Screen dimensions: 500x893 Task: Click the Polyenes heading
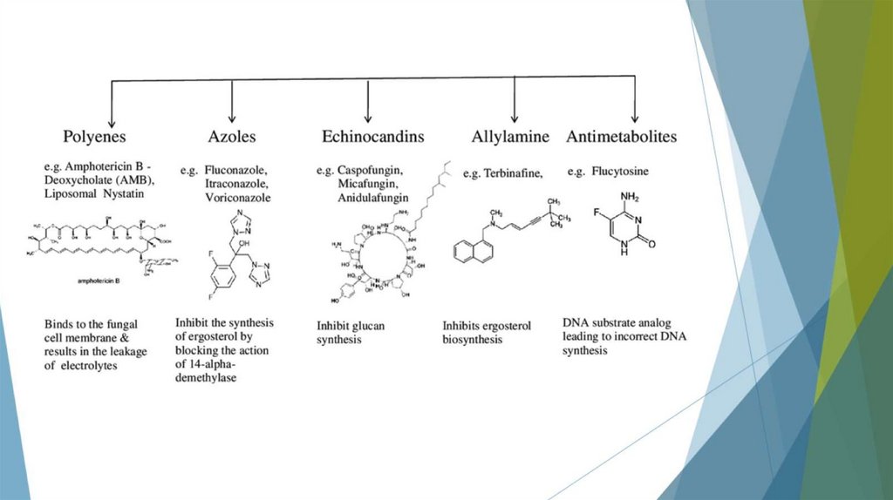click(x=94, y=137)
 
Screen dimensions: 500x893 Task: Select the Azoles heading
click(x=231, y=137)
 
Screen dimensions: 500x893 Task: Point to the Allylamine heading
click(x=510, y=137)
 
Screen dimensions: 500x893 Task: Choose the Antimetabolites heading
click(x=622, y=137)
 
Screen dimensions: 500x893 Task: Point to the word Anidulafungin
click(x=374, y=198)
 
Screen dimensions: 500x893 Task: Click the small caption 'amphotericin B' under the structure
click(x=97, y=283)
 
